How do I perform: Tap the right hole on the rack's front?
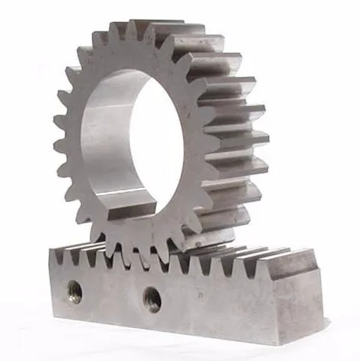152,298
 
